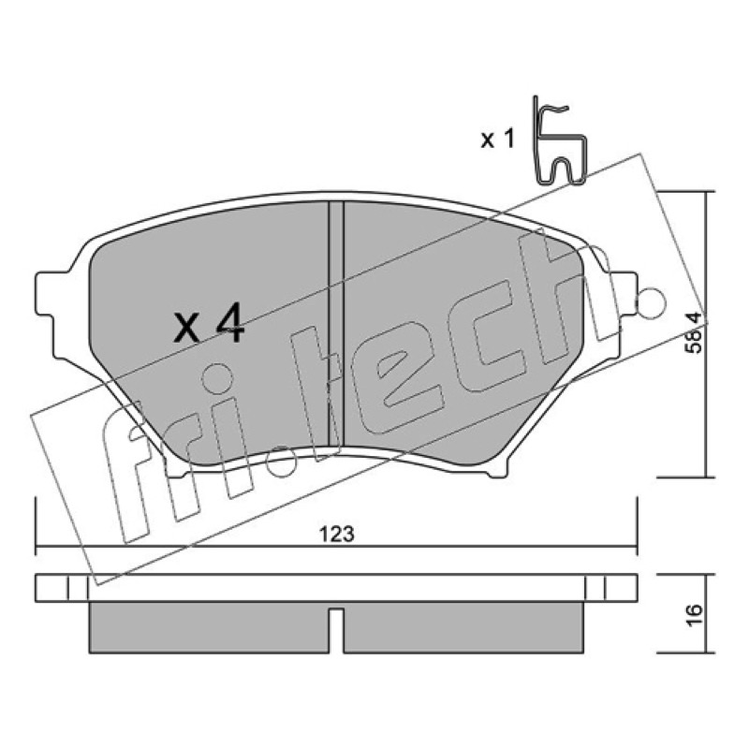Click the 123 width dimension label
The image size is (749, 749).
click(337, 534)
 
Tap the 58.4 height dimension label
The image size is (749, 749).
click(694, 332)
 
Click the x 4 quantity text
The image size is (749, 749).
click(209, 325)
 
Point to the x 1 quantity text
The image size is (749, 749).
click(497, 140)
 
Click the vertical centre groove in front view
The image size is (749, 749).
click(336, 324)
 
